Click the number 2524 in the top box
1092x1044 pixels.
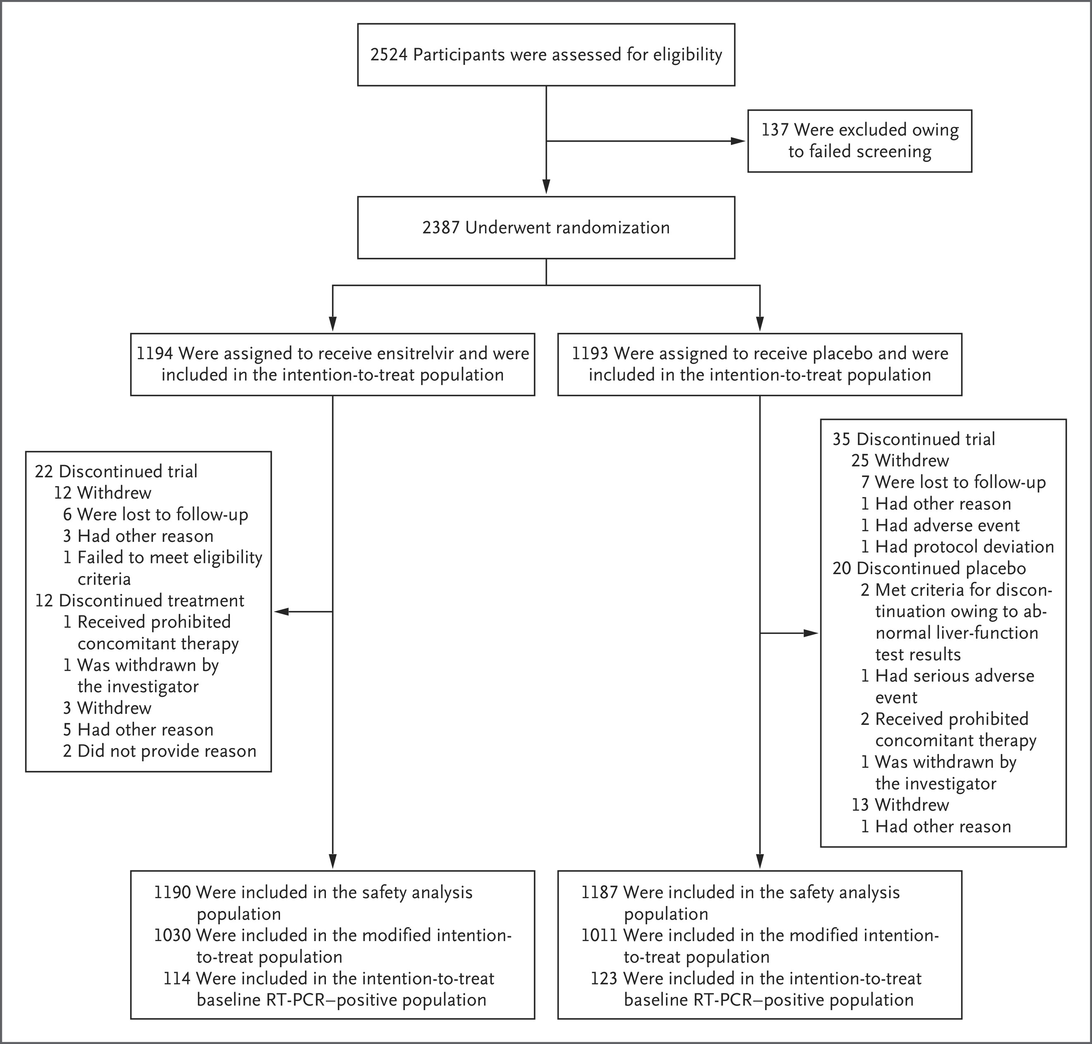point(389,55)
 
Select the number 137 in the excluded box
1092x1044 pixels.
point(775,130)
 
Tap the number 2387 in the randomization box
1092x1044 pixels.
point(441,228)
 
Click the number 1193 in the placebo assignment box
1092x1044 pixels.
point(590,353)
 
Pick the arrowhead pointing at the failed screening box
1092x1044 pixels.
point(738,141)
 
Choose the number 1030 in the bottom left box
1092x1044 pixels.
point(172,935)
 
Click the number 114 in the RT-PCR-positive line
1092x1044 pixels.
point(177,978)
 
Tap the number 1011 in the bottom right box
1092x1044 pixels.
point(600,935)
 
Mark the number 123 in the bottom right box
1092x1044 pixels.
point(604,978)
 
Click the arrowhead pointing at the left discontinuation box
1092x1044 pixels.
point(282,612)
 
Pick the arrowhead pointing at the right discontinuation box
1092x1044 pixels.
point(810,633)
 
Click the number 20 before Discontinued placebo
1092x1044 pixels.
point(841,569)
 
